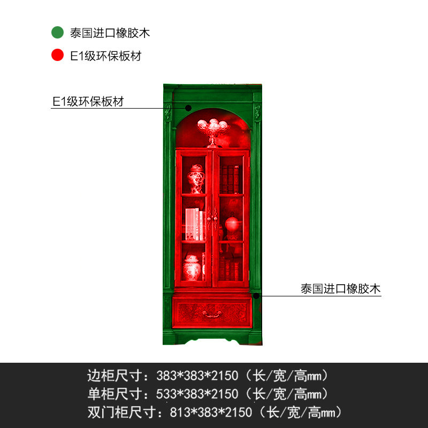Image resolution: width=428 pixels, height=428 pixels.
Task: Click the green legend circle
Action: click(x=57, y=33)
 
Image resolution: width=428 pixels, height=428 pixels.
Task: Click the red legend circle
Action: click(x=57, y=56)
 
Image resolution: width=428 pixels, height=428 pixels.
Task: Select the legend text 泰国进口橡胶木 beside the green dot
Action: click(x=110, y=33)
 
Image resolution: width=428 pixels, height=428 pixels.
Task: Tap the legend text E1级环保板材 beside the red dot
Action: click(x=106, y=56)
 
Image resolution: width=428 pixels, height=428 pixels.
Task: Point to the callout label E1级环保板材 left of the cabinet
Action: click(x=88, y=101)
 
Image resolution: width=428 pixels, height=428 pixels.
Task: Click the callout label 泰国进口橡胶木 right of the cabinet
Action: click(x=340, y=289)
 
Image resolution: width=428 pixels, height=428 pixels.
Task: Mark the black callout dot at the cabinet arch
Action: click(x=188, y=108)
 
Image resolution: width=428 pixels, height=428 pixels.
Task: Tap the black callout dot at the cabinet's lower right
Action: click(x=257, y=295)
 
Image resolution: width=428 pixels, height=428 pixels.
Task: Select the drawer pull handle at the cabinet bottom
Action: click(x=212, y=314)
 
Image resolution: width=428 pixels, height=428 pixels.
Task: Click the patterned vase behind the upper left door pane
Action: click(x=196, y=178)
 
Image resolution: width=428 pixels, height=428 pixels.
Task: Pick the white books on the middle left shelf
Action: click(x=193, y=224)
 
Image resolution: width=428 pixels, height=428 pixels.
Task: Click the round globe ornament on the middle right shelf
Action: click(x=232, y=225)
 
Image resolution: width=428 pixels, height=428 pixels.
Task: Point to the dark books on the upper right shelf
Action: click(x=230, y=179)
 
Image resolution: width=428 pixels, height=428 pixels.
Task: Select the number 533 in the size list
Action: click(x=167, y=394)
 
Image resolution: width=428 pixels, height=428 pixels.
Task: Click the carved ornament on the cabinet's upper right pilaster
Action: click(x=257, y=112)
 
